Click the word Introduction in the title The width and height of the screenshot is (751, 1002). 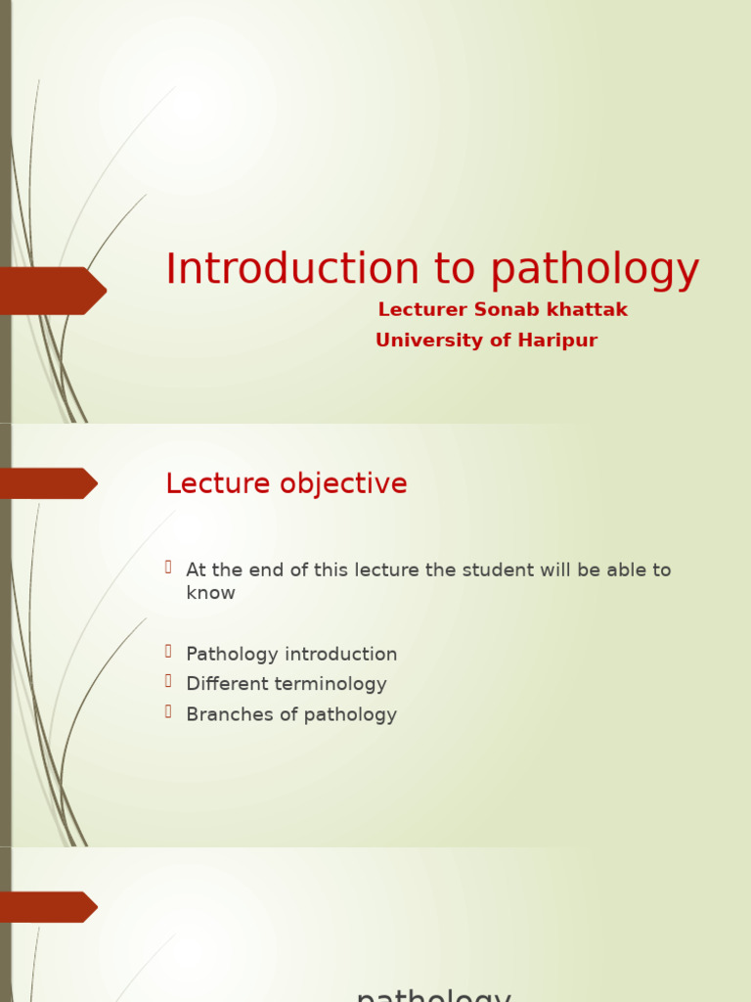coord(279,270)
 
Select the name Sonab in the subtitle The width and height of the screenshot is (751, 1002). coord(503,310)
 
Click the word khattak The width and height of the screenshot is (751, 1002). coord(587,310)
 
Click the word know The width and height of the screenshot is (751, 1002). coord(210,593)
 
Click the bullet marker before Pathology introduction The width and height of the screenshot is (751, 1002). coord(168,651)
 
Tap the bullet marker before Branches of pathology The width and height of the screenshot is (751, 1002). coord(168,711)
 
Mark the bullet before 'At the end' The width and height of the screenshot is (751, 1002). coord(168,567)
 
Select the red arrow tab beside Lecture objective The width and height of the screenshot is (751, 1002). coord(49,483)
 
